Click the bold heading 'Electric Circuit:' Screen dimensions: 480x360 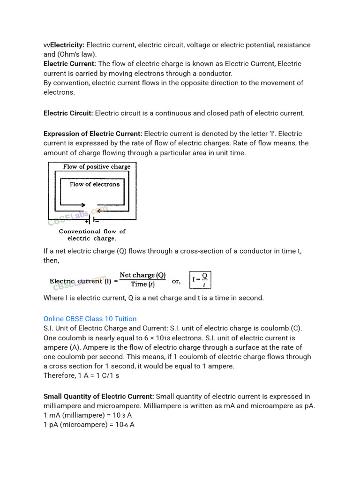coord(68,113)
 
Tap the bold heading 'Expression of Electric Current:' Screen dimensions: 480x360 coord(93,134)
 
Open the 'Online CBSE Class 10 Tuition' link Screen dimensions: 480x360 coord(90,319)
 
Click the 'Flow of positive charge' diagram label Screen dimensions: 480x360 coord(97,166)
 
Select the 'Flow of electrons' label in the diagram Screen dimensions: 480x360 coord(95,184)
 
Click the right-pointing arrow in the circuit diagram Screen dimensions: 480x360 coord(78,205)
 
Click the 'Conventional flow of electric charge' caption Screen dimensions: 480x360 coord(92,234)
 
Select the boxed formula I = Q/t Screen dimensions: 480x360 coord(200,280)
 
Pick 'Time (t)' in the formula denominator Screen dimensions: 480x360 coord(142,285)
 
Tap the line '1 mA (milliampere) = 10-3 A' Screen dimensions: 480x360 coord(87,415)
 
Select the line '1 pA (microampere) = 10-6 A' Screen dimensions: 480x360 coord(89,425)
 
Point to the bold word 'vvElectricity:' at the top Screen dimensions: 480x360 coord(64,45)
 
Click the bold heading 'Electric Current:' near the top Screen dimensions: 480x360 coord(70,64)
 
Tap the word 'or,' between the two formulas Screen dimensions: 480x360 coord(176,281)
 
